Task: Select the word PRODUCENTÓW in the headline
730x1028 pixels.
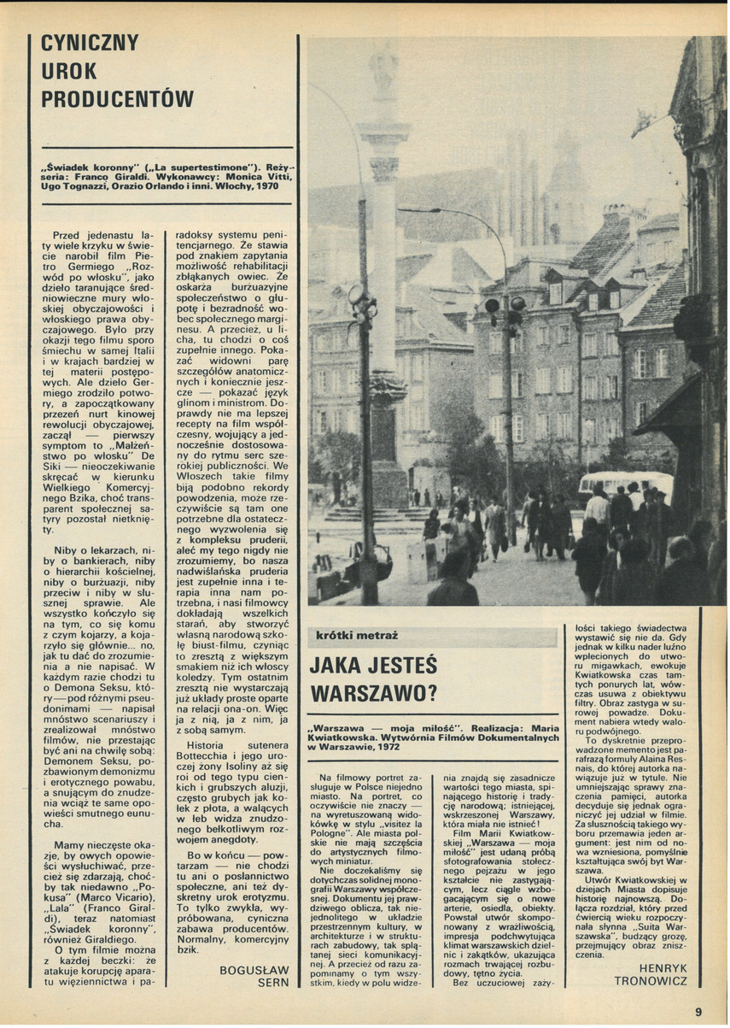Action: click(x=118, y=99)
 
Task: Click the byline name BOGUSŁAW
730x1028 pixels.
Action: click(x=254, y=970)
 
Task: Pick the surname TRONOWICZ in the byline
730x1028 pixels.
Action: click(x=651, y=980)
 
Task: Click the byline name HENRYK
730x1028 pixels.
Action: click(x=662, y=967)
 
